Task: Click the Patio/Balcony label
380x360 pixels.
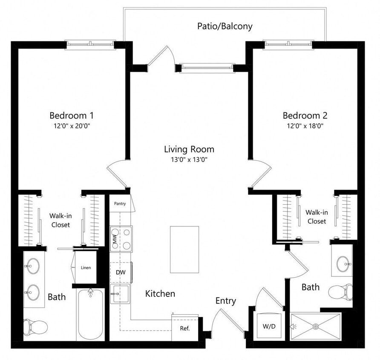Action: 225,26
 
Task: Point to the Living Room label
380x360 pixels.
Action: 189,149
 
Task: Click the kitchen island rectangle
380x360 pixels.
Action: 184,250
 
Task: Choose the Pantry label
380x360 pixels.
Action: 120,203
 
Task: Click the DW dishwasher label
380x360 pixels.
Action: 120,272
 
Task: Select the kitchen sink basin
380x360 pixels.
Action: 120,294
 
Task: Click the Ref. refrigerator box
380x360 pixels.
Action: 184,328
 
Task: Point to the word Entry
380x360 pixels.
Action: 225,301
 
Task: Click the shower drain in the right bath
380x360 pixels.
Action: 316,327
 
